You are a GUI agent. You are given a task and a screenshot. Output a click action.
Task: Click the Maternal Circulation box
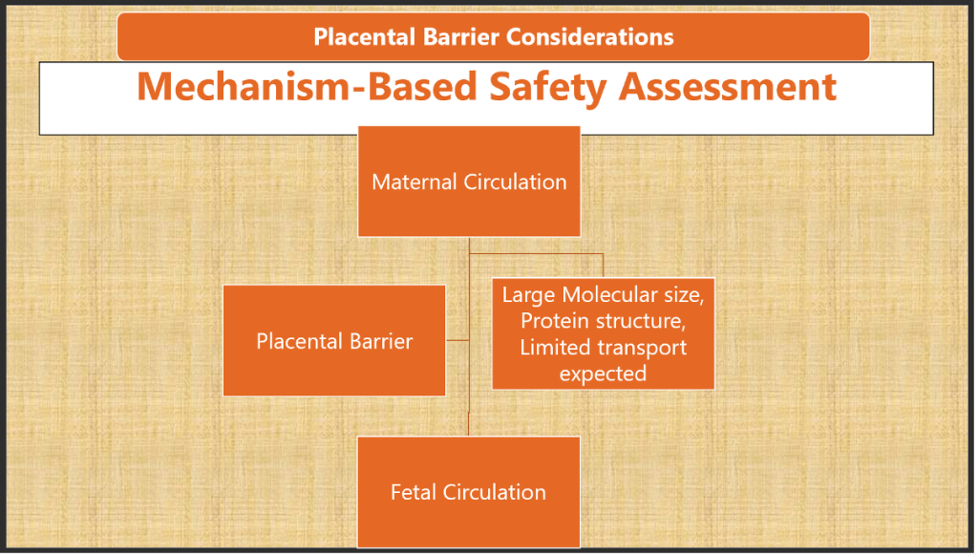pos(469,182)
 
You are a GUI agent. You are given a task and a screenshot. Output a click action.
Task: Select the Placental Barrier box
pos(334,340)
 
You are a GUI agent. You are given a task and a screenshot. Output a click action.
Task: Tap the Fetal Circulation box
pos(469,492)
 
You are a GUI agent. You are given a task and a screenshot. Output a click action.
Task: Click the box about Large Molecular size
pos(603,333)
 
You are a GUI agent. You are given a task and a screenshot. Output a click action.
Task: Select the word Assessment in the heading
pos(728,87)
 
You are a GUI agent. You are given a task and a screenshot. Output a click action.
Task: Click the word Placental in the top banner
pos(360,37)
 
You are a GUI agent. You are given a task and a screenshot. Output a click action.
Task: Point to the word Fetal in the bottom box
pos(413,492)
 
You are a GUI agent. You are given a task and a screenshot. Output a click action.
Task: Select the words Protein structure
pos(603,320)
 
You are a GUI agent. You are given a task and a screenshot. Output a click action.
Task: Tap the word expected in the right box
pos(603,374)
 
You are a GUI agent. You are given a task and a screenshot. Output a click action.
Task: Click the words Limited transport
pos(603,347)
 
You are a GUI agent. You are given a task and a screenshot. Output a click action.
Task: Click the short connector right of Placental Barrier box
pos(457,339)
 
